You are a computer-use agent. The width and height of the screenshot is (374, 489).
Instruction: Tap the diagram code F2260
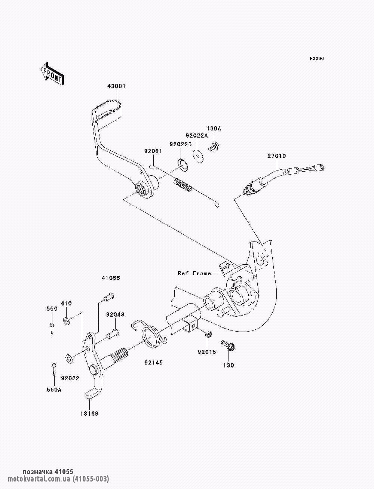pos(316,59)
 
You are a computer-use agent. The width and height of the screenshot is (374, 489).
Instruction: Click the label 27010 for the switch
pos(277,156)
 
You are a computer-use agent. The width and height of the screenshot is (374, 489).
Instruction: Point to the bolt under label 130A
pos(215,146)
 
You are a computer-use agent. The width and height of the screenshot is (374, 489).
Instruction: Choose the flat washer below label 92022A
pos(198,154)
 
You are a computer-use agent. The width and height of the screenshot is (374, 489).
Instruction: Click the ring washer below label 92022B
pos(182,164)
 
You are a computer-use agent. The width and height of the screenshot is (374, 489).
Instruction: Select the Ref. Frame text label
pos(194,274)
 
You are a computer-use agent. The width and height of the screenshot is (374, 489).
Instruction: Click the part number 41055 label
pos(111,278)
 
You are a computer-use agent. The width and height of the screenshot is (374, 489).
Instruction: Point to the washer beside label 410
pos(67,320)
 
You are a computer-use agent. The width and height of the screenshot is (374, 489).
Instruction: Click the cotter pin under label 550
pos(52,328)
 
